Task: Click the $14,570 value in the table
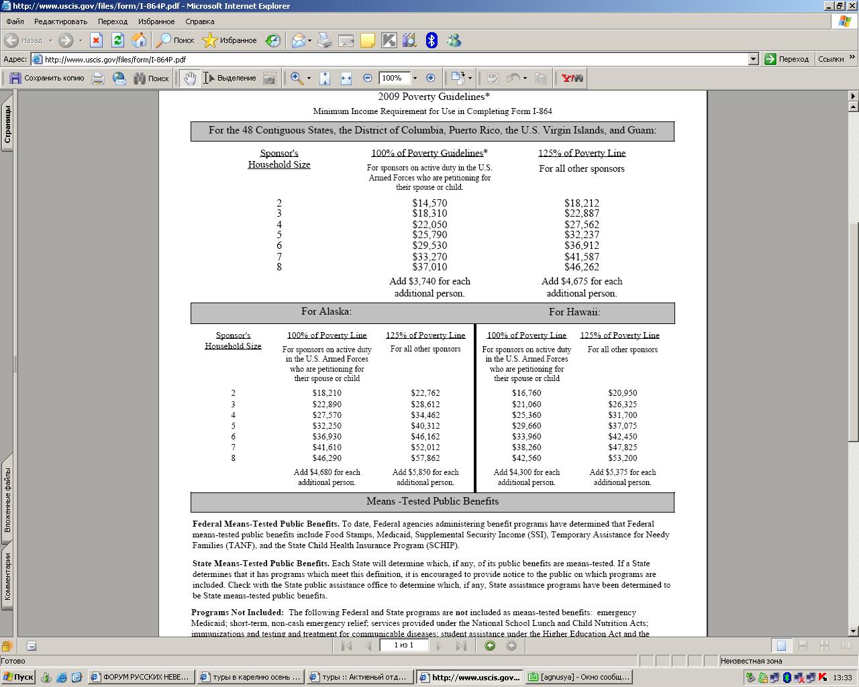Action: pyautogui.click(x=429, y=203)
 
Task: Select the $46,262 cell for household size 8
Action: pyautogui.click(x=581, y=267)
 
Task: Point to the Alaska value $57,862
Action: pyautogui.click(x=425, y=458)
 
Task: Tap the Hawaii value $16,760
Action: pyautogui.click(x=526, y=393)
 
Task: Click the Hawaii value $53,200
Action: pyautogui.click(x=622, y=458)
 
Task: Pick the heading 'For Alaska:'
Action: pyautogui.click(x=326, y=311)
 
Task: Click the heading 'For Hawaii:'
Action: pyautogui.click(x=574, y=312)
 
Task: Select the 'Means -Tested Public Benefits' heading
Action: pyautogui.click(x=432, y=501)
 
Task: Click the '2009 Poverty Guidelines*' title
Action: pyautogui.click(x=434, y=97)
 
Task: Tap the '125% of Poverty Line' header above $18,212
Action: pyautogui.click(x=581, y=153)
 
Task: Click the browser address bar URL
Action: pyautogui.click(x=115, y=59)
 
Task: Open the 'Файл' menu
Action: pyautogui.click(x=15, y=21)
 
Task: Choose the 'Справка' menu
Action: pyautogui.click(x=199, y=21)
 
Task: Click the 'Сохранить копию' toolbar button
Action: pyautogui.click(x=47, y=78)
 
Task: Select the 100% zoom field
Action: pyautogui.click(x=394, y=78)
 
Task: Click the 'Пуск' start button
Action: pyautogui.click(x=18, y=677)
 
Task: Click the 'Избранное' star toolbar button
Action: pyautogui.click(x=230, y=41)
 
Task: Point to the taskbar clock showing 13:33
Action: pyautogui.click(x=842, y=678)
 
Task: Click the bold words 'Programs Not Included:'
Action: pyautogui.click(x=237, y=613)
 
